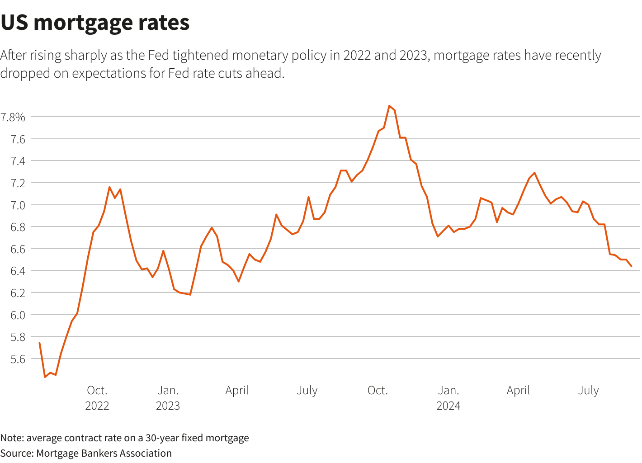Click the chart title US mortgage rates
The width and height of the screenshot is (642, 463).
95,23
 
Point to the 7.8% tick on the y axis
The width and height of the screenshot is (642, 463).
13,118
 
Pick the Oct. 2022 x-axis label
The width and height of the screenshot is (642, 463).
97,398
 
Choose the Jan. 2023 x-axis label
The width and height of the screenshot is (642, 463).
168,398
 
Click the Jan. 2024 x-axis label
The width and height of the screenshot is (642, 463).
448,398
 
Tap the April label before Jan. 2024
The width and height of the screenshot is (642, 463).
237,391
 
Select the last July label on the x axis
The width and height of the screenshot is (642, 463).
588,391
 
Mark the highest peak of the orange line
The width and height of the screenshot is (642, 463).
389,106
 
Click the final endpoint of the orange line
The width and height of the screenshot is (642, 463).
631,266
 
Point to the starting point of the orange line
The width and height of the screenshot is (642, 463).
40,343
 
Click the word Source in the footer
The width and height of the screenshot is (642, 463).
16,453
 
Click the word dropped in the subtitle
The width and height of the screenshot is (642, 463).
25,73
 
